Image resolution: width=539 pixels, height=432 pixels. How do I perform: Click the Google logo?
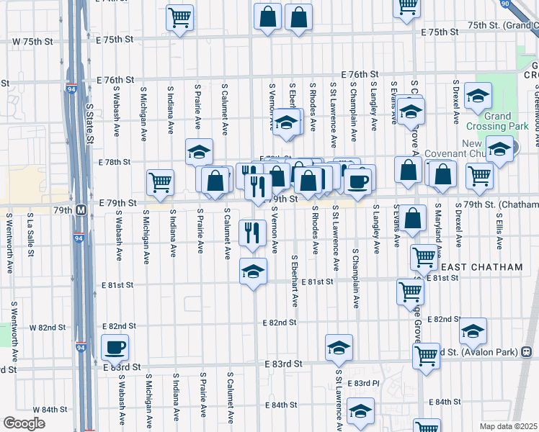click(x=24, y=423)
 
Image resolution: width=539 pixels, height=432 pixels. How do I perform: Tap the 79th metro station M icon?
click(x=81, y=210)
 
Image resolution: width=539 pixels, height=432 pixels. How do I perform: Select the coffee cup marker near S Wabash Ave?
click(x=115, y=348)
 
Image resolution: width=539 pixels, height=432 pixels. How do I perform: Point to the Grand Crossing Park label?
click(x=497, y=121)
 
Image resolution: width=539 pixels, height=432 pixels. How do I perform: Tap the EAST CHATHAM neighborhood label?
click(x=487, y=267)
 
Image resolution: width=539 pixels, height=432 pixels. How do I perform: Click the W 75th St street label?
click(x=32, y=42)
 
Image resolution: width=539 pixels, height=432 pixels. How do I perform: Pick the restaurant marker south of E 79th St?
click(x=251, y=233)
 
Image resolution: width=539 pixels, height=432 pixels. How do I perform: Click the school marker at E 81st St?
click(x=252, y=272)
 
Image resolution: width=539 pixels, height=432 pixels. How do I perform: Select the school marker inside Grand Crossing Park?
click(x=477, y=96)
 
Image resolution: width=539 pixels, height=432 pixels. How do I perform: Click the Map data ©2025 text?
click(x=508, y=426)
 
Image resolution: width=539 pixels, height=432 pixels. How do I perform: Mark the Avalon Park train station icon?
click(x=526, y=352)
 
